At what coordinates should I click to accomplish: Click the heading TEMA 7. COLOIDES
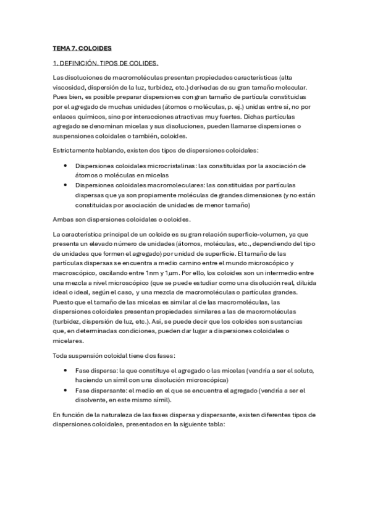[82, 48]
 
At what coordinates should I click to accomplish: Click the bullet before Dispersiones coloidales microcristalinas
[65, 166]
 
